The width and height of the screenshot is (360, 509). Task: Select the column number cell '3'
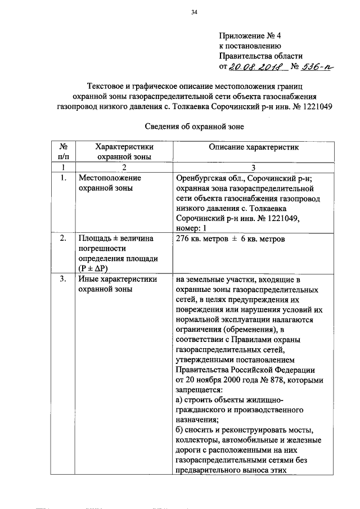point(253,167)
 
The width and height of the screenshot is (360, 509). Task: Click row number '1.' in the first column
point(64,178)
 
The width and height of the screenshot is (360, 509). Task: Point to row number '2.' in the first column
point(64,239)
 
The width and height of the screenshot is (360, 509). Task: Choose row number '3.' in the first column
point(64,280)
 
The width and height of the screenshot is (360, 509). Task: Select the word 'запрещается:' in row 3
point(199,389)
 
